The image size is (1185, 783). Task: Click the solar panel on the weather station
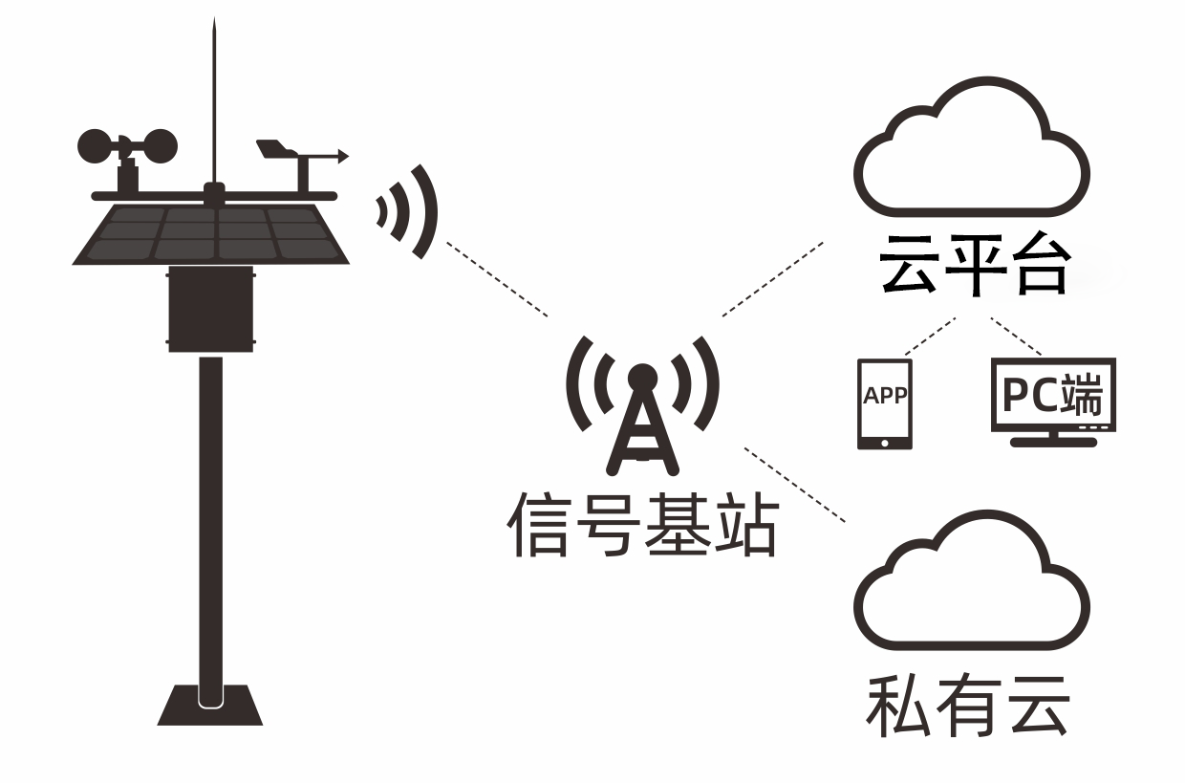212,232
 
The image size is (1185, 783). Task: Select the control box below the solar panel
212,310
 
